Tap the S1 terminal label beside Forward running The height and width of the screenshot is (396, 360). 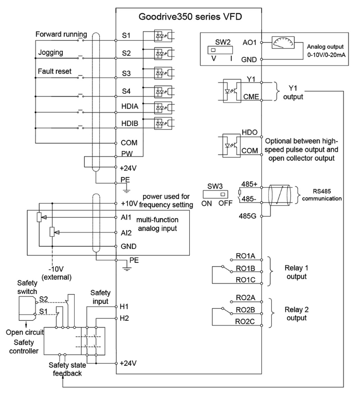(x=126, y=36)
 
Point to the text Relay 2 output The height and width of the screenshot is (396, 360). (x=291, y=313)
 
